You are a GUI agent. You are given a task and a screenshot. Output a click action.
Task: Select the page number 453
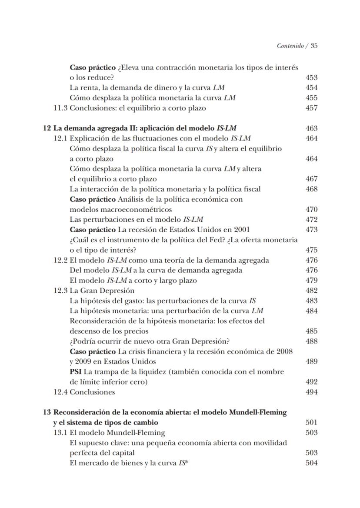[x=311, y=78]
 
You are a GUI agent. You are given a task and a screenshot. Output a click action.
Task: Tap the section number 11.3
[x=60, y=108]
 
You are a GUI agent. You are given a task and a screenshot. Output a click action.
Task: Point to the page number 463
[x=311, y=128]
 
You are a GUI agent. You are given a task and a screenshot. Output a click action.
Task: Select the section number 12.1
[x=60, y=138]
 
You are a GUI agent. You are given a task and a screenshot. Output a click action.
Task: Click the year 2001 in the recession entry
[x=241, y=229]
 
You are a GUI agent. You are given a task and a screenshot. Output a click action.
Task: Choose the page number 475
[x=311, y=250]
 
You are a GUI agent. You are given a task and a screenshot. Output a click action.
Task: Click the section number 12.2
[x=60, y=260]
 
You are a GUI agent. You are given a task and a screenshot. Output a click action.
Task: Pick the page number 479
[x=311, y=281]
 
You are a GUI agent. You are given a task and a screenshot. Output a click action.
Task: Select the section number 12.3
[x=60, y=291]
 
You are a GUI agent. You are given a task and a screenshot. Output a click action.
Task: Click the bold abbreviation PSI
[x=76, y=372]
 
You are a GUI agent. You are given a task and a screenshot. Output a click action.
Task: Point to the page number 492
[x=311, y=382]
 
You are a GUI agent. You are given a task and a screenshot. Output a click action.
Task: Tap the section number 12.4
[x=60, y=392]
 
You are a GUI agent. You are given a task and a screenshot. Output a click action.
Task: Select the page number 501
[x=311, y=422]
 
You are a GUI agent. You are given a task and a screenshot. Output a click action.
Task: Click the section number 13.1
[x=60, y=432]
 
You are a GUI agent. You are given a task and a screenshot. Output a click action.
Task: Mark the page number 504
[x=311, y=463]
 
